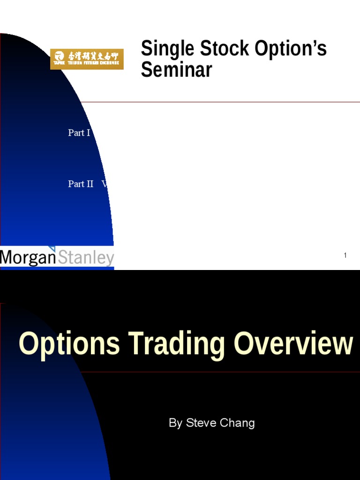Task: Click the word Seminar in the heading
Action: click(x=177, y=70)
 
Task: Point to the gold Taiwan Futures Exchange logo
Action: click(x=87, y=59)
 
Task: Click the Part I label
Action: click(x=79, y=133)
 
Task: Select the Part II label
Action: click(x=81, y=184)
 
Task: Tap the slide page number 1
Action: click(x=345, y=255)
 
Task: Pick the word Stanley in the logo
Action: click(x=85, y=257)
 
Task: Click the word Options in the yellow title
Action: click(x=69, y=344)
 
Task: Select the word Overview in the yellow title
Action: click(x=293, y=344)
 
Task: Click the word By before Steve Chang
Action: click(x=175, y=423)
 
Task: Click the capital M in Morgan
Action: click(x=8, y=257)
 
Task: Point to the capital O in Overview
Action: click(x=244, y=344)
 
